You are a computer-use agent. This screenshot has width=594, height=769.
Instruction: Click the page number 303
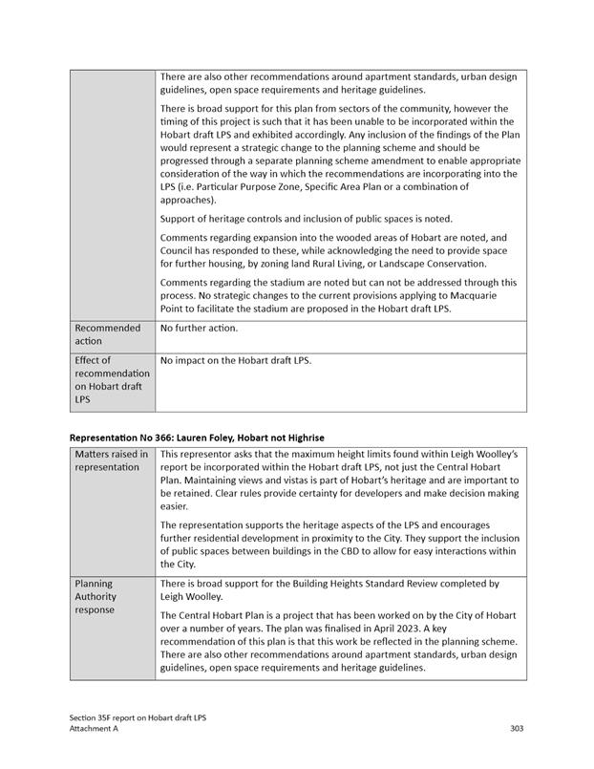(x=516, y=728)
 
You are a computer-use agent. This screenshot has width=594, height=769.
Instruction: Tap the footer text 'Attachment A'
(x=99, y=728)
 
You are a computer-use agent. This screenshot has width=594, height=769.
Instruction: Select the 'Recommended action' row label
(x=107, y=334)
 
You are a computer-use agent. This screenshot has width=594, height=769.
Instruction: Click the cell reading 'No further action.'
(x=199, y=329)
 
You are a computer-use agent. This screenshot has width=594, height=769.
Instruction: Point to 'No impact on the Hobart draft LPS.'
(x=236, y=361)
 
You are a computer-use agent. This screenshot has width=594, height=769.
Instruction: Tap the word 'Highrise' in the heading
(x=303, y=437)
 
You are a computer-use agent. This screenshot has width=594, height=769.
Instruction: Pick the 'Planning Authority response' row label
(x=99, y=596)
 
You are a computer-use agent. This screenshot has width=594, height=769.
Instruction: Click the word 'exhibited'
(x=277, y=135)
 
